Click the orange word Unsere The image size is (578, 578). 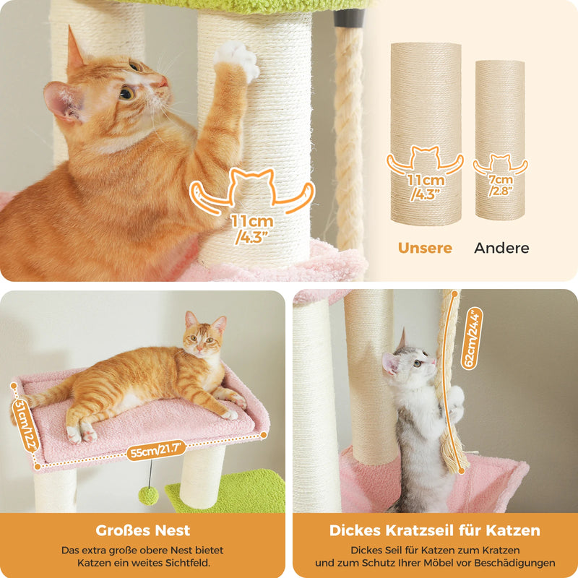[x=425, y=248]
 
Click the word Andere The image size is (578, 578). [x=501, y=248]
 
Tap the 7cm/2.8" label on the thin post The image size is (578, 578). [x=501, y=185]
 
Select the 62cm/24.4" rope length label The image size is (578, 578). [x=472, y=338]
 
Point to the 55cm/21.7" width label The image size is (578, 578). [x=155, y=450]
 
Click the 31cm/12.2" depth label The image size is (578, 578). [x=25, y=425]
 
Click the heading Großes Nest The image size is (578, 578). [x=142, y=530]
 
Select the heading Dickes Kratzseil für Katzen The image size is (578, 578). [x=435, y=530]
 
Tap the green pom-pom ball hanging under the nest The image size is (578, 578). [x=149, y=496]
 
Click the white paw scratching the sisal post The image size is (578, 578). [x=238, y=59]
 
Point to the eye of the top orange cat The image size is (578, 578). [x=126, y=93]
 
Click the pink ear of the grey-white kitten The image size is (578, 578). [x=389, y=363]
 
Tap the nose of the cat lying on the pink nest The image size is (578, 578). [x=199, y=348]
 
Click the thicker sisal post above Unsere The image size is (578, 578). [x=426, y=134]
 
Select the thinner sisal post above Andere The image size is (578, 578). [x=500, y=140]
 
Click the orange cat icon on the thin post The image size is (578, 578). [x=500, y=164]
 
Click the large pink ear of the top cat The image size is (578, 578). [x=63, y=101]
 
